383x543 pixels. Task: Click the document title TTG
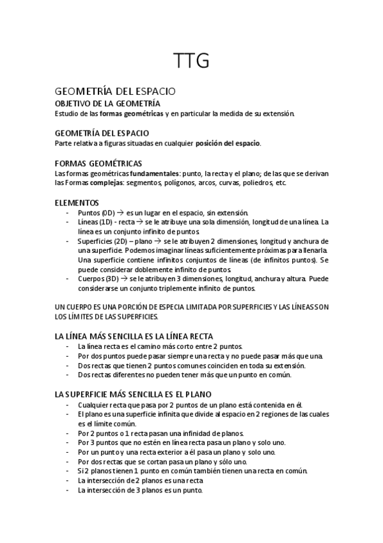[x=191, y=61]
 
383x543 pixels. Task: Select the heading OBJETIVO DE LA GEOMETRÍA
[x=107, y=104]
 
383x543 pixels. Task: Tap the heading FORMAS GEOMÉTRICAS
[x=98, y=163]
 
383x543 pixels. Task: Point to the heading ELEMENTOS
[x=77, y=202]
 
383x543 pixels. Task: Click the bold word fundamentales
[x=154, y=174]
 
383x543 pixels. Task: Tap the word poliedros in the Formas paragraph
[x=254, y=182]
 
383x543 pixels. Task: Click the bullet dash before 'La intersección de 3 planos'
[x=68, y=490]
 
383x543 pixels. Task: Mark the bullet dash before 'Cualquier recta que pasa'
[x=68, y=405]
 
